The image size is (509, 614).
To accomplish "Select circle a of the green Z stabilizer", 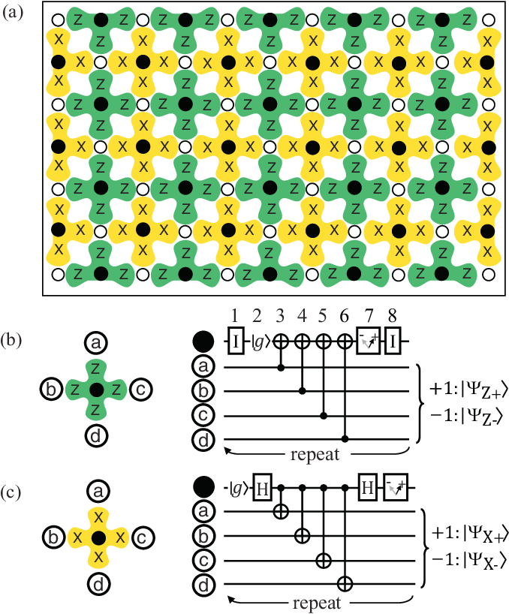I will tap(95, 344).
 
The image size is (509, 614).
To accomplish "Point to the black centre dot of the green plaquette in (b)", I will tap(95, 390).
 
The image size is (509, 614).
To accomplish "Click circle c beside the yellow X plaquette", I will tap(143, 537).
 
